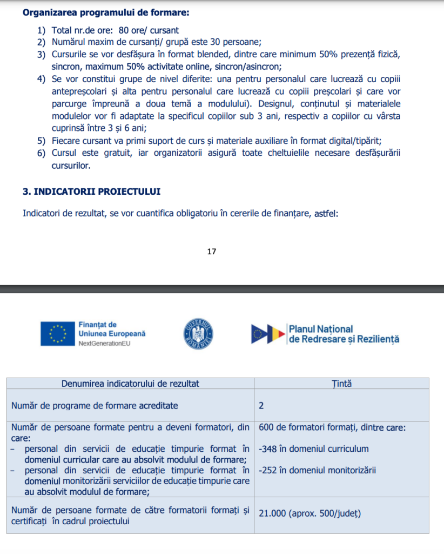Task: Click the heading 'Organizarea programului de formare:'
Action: click(106, 12)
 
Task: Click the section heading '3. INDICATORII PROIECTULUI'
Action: click(91, 192)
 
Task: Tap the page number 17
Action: click(212, 252)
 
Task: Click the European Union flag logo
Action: click(57, 334)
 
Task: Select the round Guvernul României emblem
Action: click(198, 333)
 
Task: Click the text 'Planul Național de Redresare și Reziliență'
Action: click(344, 334)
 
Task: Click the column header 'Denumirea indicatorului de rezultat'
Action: click(130, 384)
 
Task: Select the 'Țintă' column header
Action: click(341, 384)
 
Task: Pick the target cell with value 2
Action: click(261, 405)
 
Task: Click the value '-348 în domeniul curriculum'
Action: click(314, 449)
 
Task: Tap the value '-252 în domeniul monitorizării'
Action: click(318, 470)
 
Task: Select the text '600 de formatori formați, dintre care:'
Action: click(332, 427)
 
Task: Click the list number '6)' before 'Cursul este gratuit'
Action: click(42, 153)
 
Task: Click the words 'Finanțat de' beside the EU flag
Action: click(97, 325)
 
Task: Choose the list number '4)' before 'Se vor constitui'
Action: click(42, 80)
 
